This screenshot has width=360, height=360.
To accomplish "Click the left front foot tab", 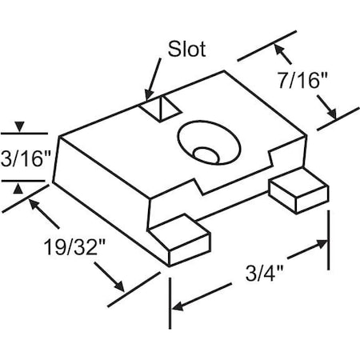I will coord(179,239).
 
